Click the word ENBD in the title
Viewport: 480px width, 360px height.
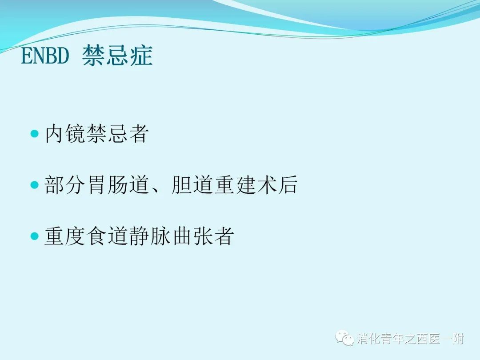click(45, 56)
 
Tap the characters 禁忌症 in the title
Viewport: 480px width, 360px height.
click(117, 56)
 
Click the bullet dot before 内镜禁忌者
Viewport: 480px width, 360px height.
click(35, 133)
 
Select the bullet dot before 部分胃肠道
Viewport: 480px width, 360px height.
click(35, 184)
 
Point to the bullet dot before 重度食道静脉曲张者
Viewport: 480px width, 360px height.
click(35, 236)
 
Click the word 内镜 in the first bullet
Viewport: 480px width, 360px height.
click(65, 133)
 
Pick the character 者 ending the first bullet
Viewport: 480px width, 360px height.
click(138, 133)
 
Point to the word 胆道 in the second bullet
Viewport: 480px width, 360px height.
click(192, 184)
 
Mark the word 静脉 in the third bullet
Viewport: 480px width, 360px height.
click(150, 236)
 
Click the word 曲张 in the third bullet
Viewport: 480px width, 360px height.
click(192, 236)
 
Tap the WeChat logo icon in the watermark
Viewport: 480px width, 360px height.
click(344, 338)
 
